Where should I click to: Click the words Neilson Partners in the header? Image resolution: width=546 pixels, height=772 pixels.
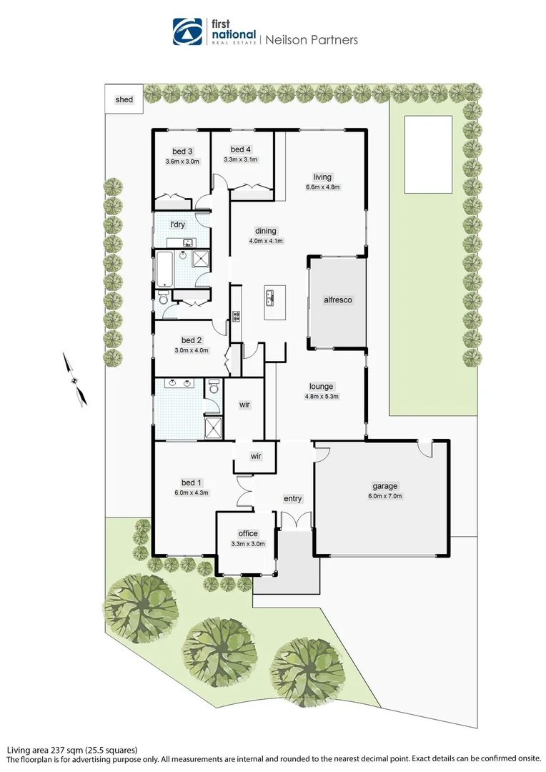(311, 40)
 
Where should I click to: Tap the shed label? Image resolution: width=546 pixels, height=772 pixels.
(124, 99)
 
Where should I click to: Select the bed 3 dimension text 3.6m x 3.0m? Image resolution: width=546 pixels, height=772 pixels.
(182, 162)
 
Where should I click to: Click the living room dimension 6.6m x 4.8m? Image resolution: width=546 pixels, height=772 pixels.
(323, 188)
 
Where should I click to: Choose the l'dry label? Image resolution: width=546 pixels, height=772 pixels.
(177, 224)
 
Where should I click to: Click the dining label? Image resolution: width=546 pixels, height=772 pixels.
(265, 231)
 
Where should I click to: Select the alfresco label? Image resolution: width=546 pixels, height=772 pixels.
(339, 301)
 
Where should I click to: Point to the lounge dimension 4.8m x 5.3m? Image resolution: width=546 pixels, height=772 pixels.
(322, 396)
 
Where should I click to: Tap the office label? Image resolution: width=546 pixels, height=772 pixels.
(247, 533)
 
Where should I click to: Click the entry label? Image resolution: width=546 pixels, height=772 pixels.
(292, 498)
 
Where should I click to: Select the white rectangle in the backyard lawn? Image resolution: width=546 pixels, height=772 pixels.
(427, 154)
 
